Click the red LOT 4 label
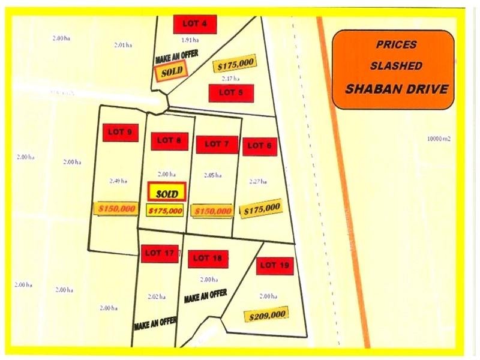[x=194, y=24]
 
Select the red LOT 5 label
[x=231, y=93]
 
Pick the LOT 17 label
[x=160, y=254]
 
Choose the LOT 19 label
[x=274, y=265]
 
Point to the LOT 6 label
[x=260, y=146]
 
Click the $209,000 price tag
[x=265, y=314]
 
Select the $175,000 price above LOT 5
[x=235, y=64]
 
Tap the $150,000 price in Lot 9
[x=116, y=208]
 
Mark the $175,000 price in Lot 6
[x=260, y=209]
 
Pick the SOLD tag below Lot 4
[x=171, y=71]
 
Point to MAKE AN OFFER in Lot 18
[x=205, y=296]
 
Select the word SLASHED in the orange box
[x=396, y=65]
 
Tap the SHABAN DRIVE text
[x=397, y=89]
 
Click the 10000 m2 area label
[x=439, y=139]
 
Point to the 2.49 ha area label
[x=116, y=181]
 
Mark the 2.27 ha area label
[x=258, y=181]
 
